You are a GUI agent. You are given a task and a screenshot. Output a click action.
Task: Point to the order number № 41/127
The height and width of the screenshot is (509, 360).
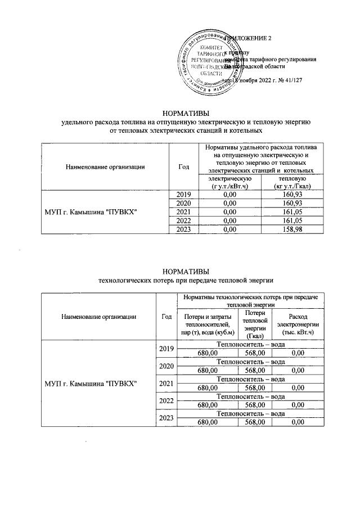pyautogui.click(x=289, y=80)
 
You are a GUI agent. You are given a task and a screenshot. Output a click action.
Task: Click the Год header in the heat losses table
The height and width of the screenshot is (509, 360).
pyautogui.click(x=166, y=316)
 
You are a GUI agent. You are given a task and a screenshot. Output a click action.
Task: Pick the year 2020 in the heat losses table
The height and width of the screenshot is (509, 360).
pyautogui.click(x=166, y=366)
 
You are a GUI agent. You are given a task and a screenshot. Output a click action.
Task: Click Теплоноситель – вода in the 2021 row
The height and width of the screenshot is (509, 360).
pyautogui.click(x=250, y=379)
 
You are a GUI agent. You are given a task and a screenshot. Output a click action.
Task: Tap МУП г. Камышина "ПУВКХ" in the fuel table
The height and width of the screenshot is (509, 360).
pyautogui.click(x=101, y=211)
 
